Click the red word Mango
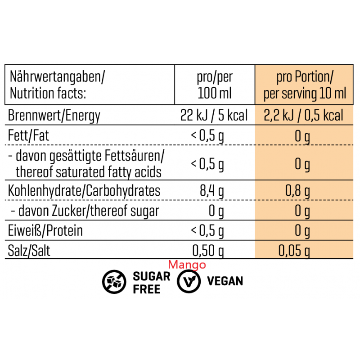(x=187, y=265)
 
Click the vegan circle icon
(x=188, y=282)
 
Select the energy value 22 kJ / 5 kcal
(x=214, y=116)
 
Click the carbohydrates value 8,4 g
(x=212, y=191)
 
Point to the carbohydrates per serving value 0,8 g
(x=298, y=191)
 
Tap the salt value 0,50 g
(x=208, y=250)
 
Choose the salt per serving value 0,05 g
(x=294, y=250)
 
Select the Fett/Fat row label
(x=28, y=136)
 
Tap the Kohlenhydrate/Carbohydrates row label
(x=84, y=191)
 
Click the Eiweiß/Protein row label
(x=45, y=231)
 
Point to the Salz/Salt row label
(x=29, y=250)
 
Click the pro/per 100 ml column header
(x=215, y=85)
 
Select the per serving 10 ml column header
(x=305, y=85)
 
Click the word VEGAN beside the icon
(x=225, y=282)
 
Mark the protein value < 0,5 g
(x=207, y=231)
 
